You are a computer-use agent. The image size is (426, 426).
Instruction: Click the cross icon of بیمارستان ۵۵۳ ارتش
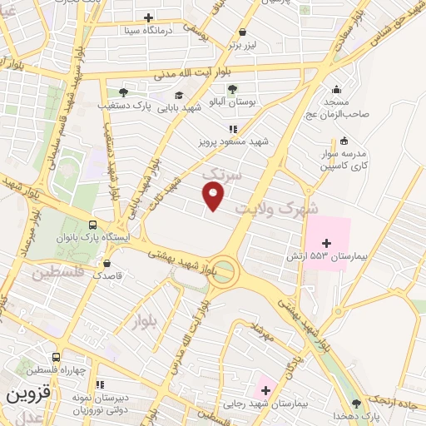326,243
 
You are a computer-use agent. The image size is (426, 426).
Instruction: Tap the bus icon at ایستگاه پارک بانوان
92,225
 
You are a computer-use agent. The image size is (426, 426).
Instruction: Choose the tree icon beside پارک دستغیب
123,92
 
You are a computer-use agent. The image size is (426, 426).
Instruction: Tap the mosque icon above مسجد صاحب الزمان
336,89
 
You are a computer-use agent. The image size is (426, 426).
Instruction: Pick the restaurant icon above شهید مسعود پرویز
233,129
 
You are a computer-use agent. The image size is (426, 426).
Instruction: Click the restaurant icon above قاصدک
105,261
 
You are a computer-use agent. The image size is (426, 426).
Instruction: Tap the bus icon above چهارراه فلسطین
56,355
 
